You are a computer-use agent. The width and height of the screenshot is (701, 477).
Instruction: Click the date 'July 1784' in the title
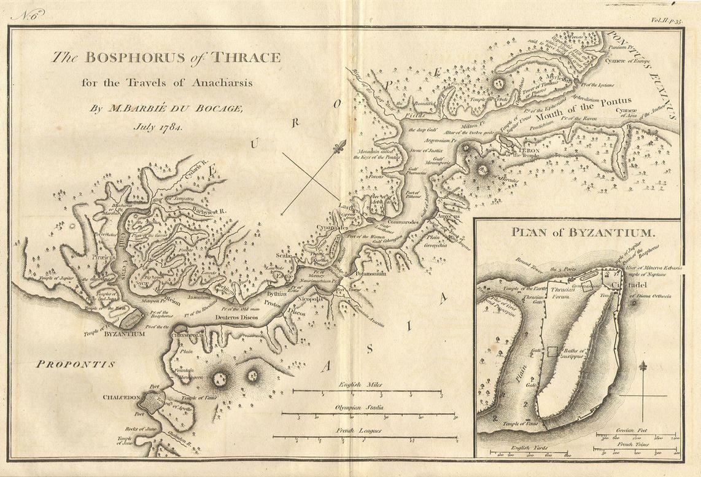coord(161,127)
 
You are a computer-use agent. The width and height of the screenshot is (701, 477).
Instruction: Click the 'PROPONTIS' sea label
coord(76,364)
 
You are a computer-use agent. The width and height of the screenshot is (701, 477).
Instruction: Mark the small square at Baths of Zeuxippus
coord(553,351)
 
